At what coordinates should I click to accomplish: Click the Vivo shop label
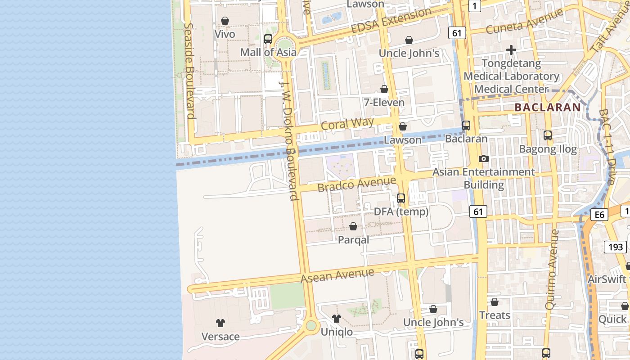pos(225,34)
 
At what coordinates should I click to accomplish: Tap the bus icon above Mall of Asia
pos(268,39)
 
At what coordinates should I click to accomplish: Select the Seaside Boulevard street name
pos(189,71)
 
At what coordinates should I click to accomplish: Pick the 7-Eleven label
pos(384,103)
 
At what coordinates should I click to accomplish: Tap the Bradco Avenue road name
pos(356,184)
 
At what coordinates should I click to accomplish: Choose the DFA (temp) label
pos(401,211)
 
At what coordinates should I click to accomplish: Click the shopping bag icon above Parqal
pos(353,226)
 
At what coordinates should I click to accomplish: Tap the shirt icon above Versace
pos(220,323)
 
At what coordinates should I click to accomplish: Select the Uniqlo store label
pos(337,332)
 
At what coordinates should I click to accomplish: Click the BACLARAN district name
pos(548,108)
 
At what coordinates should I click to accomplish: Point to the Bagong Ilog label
pos(548,149)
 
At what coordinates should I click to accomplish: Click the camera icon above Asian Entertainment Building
pos(484,158)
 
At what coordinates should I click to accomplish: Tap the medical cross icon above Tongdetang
pos(511,49)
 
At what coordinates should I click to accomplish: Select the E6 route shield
pos(599,215)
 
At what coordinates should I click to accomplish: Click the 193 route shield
pos(615,247)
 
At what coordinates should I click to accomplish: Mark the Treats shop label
pos(495,315)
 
